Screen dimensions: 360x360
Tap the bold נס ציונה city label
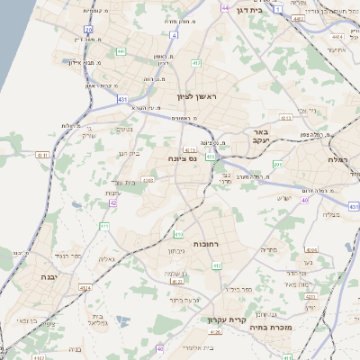pyautogui.click(x=184, y=158)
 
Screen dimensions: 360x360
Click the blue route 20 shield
pyautogui.click(x=88, y=30)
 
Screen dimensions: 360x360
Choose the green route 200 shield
pyautogui.click(x=278, y=165)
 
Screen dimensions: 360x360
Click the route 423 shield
pyautogui.click(x=210, y=157)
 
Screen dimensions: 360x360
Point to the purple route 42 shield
pyautogui.click(x=113, y=203)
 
